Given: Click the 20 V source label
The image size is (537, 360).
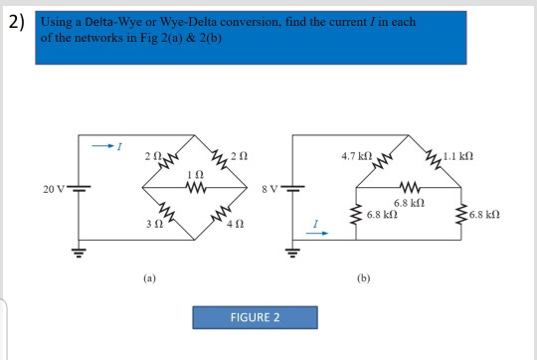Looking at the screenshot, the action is tap(52, 187).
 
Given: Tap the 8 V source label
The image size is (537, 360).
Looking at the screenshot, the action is tap(269, 187).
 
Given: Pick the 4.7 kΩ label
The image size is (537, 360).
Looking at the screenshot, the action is tap(356, 156).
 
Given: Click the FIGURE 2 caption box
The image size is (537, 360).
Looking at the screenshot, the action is tap(255, 318).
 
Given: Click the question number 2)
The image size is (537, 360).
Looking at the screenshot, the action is tap(16, 26).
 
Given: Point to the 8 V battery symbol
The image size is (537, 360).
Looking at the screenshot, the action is tap(292, 187).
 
